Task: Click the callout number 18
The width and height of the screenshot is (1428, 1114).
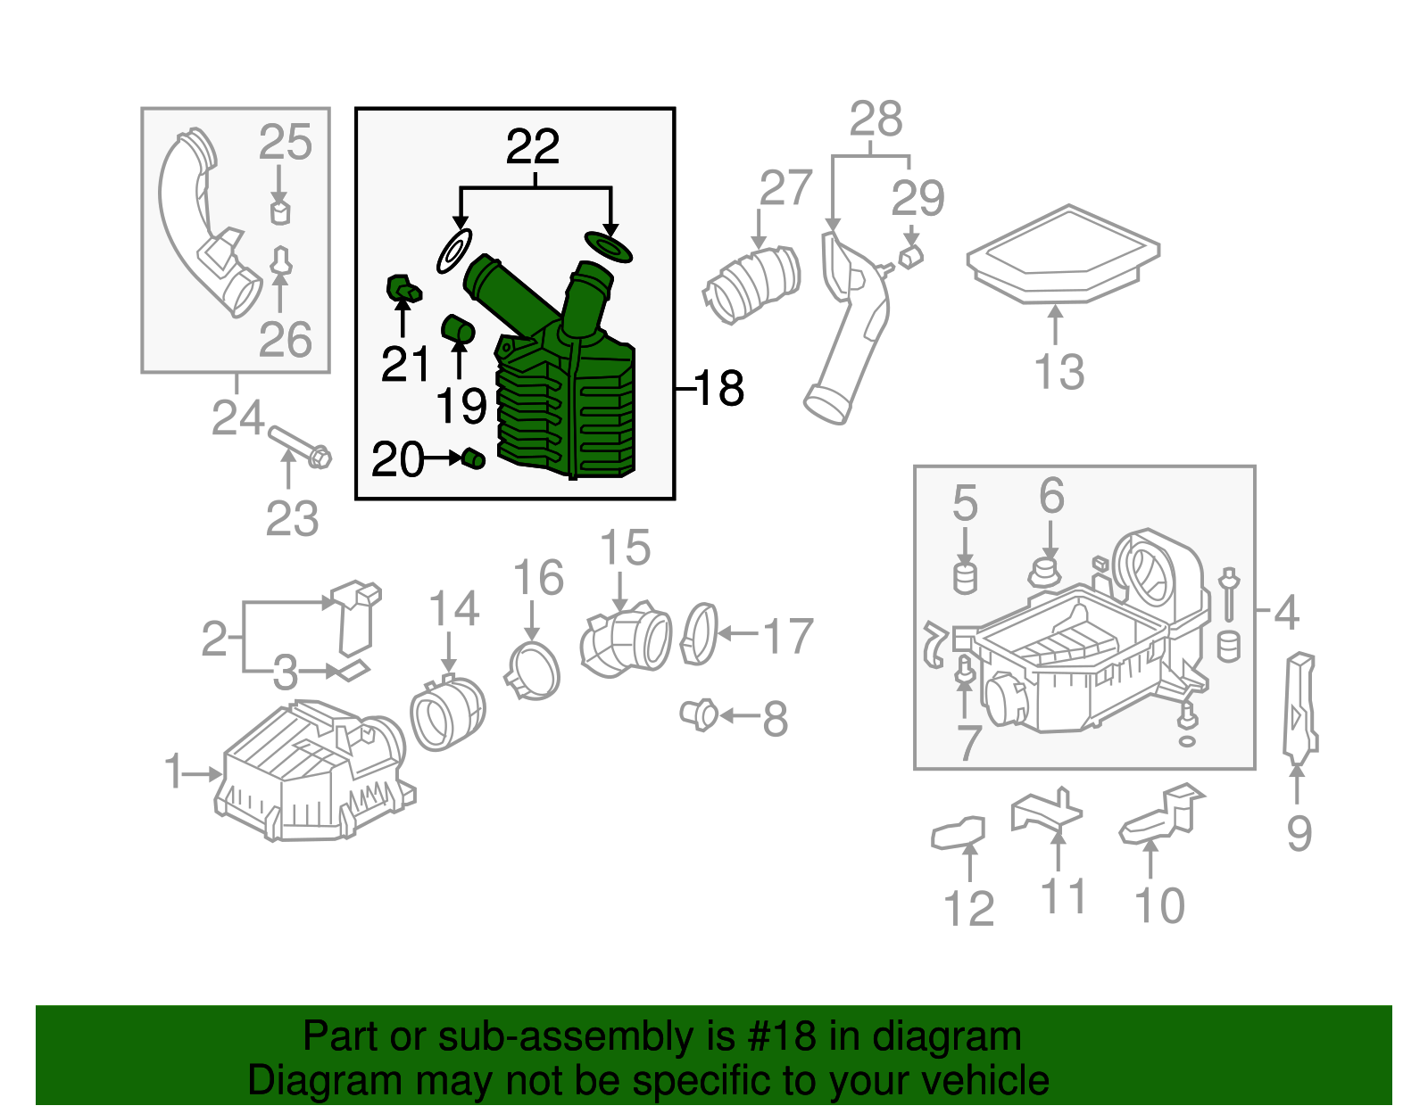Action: tap(719, 389)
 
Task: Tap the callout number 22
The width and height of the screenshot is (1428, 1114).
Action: tap(533, 146)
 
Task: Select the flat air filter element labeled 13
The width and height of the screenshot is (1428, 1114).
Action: tap(1062, 254)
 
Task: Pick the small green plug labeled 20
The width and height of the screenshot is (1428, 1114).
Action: tap(473, 459)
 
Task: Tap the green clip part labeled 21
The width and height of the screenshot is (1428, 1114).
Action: tap(402, 289)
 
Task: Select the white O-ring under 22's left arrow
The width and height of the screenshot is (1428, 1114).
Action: tap(454, 251)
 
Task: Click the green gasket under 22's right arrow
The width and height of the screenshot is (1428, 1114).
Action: tap(609, 247)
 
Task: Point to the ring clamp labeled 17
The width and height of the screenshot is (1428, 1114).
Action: tap(699, 634)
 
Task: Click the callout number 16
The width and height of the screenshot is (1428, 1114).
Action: tap(538, 578)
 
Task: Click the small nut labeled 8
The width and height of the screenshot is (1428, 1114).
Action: tap(698, 715)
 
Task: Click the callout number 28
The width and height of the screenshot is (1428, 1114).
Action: tap(876, 120)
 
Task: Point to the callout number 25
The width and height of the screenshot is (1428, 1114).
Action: tap(286, 143)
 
